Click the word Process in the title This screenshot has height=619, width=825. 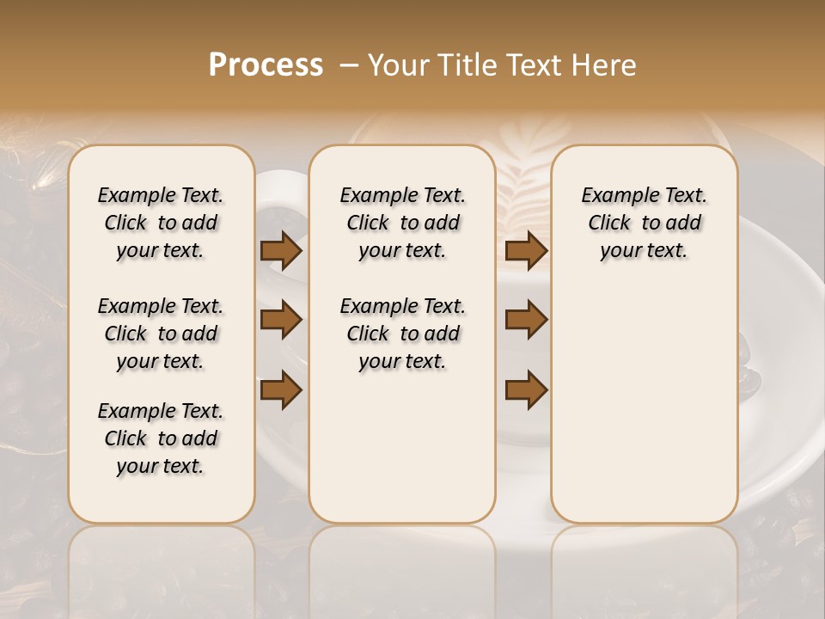coord(266,65)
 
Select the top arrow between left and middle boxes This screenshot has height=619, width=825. coord(281,251)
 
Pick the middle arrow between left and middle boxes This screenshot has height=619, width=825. coord(281,320)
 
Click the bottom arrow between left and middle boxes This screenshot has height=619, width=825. coord(281,389)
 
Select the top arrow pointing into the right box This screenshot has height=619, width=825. coord(527,251)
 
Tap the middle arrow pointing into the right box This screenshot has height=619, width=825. coord(527,320)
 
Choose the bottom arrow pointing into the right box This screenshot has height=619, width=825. coord(527,389)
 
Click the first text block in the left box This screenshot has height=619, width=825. coord(161,223)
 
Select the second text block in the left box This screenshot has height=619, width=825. coord(161,334)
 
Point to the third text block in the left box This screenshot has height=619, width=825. coord(161,438)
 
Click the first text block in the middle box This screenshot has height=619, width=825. coord(402,223)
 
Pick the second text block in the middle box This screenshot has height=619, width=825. coord(402,334)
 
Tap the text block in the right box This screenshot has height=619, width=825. coord(645,223)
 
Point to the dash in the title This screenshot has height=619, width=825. coord(349,65)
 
